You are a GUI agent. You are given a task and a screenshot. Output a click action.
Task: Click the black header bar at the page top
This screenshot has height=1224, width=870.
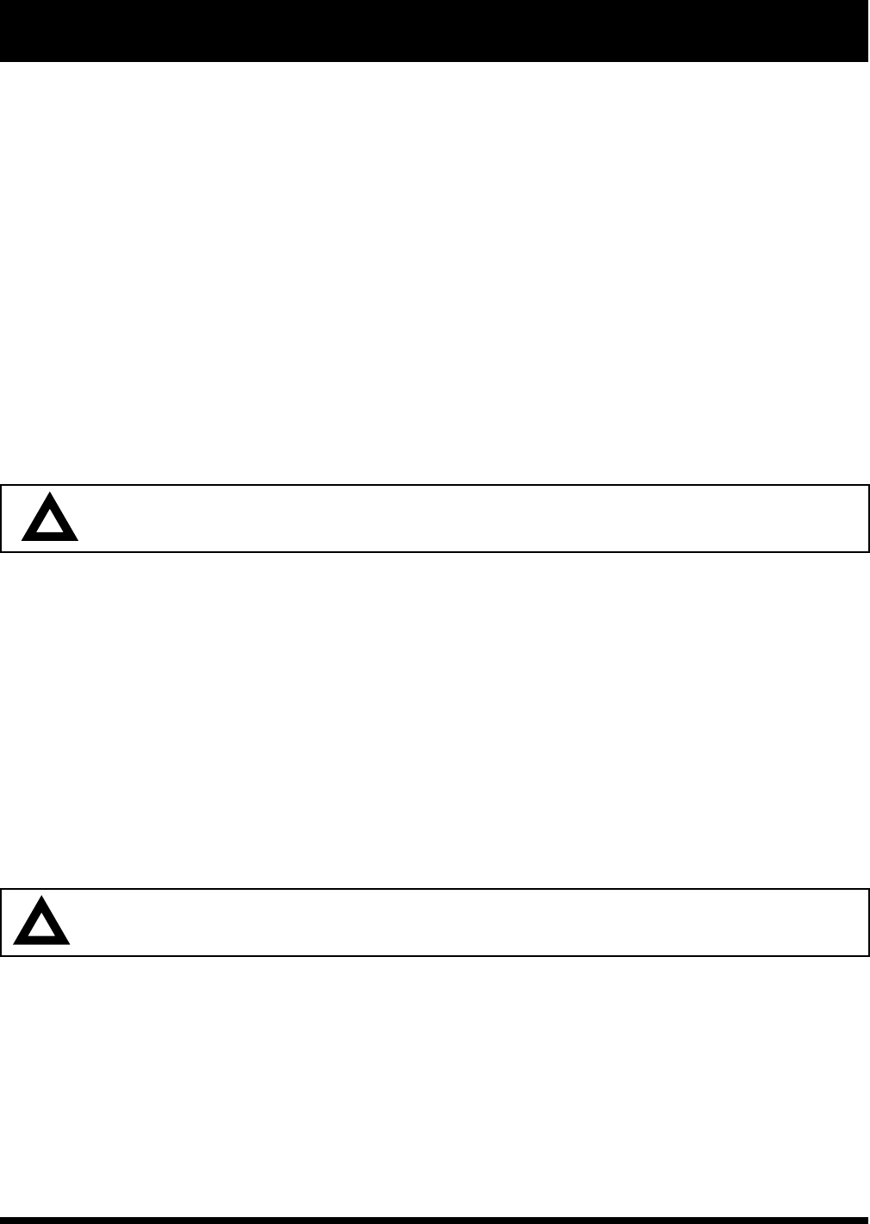[x=434, y=31]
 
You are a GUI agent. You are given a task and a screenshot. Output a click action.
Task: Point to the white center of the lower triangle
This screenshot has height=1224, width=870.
[x=41, y=929]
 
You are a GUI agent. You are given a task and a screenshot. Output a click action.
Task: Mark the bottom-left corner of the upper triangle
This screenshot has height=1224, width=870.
[x=23, y=539]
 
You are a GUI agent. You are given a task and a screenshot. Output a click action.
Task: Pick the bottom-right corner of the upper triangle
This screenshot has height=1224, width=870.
[x=78, y=539]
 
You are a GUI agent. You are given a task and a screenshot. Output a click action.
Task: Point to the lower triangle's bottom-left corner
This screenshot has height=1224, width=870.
[x=15, y=943]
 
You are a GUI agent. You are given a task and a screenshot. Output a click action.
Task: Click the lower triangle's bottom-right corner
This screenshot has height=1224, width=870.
[x=69, y=943]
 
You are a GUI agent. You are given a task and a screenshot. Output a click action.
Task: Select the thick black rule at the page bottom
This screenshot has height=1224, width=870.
[x=434, y=1220]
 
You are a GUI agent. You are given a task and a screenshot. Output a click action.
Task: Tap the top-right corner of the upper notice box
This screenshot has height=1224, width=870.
[x=868, y=486]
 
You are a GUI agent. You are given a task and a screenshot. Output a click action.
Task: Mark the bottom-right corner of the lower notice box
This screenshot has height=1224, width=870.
[x=868, y=955]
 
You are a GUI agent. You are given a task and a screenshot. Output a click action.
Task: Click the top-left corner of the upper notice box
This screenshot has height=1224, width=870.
[x=1, y=486]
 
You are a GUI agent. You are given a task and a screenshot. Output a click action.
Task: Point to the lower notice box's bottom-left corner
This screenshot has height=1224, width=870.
[x=1, y=955]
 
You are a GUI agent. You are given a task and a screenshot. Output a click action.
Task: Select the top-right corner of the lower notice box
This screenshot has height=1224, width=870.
[x=868, y=890]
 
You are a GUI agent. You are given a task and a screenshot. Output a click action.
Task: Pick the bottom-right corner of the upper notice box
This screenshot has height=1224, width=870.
[x=868, y=551]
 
